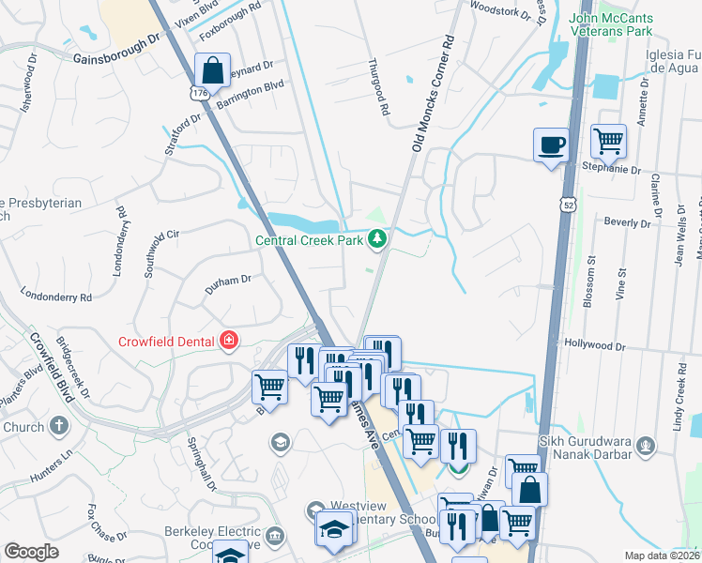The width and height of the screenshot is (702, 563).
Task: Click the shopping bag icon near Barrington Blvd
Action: coord(213,70)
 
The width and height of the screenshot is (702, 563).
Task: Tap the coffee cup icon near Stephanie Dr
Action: coord(551,145)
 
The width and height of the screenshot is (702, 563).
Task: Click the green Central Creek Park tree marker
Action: coord(377,241)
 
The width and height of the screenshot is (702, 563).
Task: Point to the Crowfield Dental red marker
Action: coord(227,341)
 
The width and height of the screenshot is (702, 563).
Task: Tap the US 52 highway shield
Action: coord(568,203)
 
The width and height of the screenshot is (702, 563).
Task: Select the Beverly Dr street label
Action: coord(627,223)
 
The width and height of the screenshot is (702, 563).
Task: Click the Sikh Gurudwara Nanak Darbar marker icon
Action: coord(644,445)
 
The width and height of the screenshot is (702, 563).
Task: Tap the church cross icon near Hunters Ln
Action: coord(58,427)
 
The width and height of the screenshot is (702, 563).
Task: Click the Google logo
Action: coord(31,552)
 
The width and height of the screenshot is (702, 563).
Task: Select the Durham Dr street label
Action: coord(229,280)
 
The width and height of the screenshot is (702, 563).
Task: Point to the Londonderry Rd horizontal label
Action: coord(59,297)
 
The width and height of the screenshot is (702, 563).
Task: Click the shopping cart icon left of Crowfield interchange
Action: coord(269,387)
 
